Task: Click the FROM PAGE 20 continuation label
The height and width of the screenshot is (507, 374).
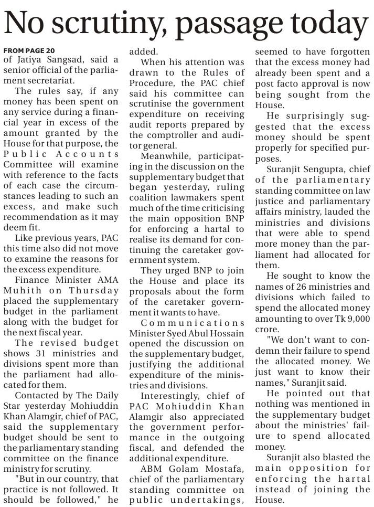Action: tap(29, 50)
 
